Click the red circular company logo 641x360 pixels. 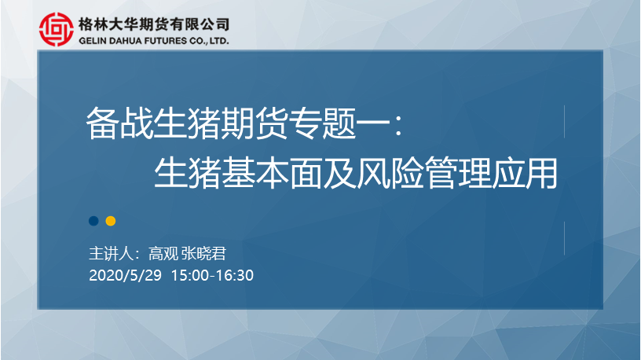(57, 29)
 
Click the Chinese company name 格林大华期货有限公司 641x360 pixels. (154, 24)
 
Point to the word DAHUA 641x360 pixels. (123, 41)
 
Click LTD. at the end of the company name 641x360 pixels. (219, 41)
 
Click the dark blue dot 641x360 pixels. (93, 221)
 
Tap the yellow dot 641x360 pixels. (111, 221)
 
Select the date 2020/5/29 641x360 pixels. (125, 275)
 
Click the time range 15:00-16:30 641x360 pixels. (212, 275)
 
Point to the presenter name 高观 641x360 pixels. (163, 254)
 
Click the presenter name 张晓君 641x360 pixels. (203, 254)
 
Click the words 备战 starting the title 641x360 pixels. (119, 123)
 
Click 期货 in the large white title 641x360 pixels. (255, 123)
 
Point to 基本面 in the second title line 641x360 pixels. (272, 173)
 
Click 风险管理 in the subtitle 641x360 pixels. (423, 173)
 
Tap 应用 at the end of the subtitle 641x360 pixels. (525, 173)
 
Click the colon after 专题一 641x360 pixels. (398, 124)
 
